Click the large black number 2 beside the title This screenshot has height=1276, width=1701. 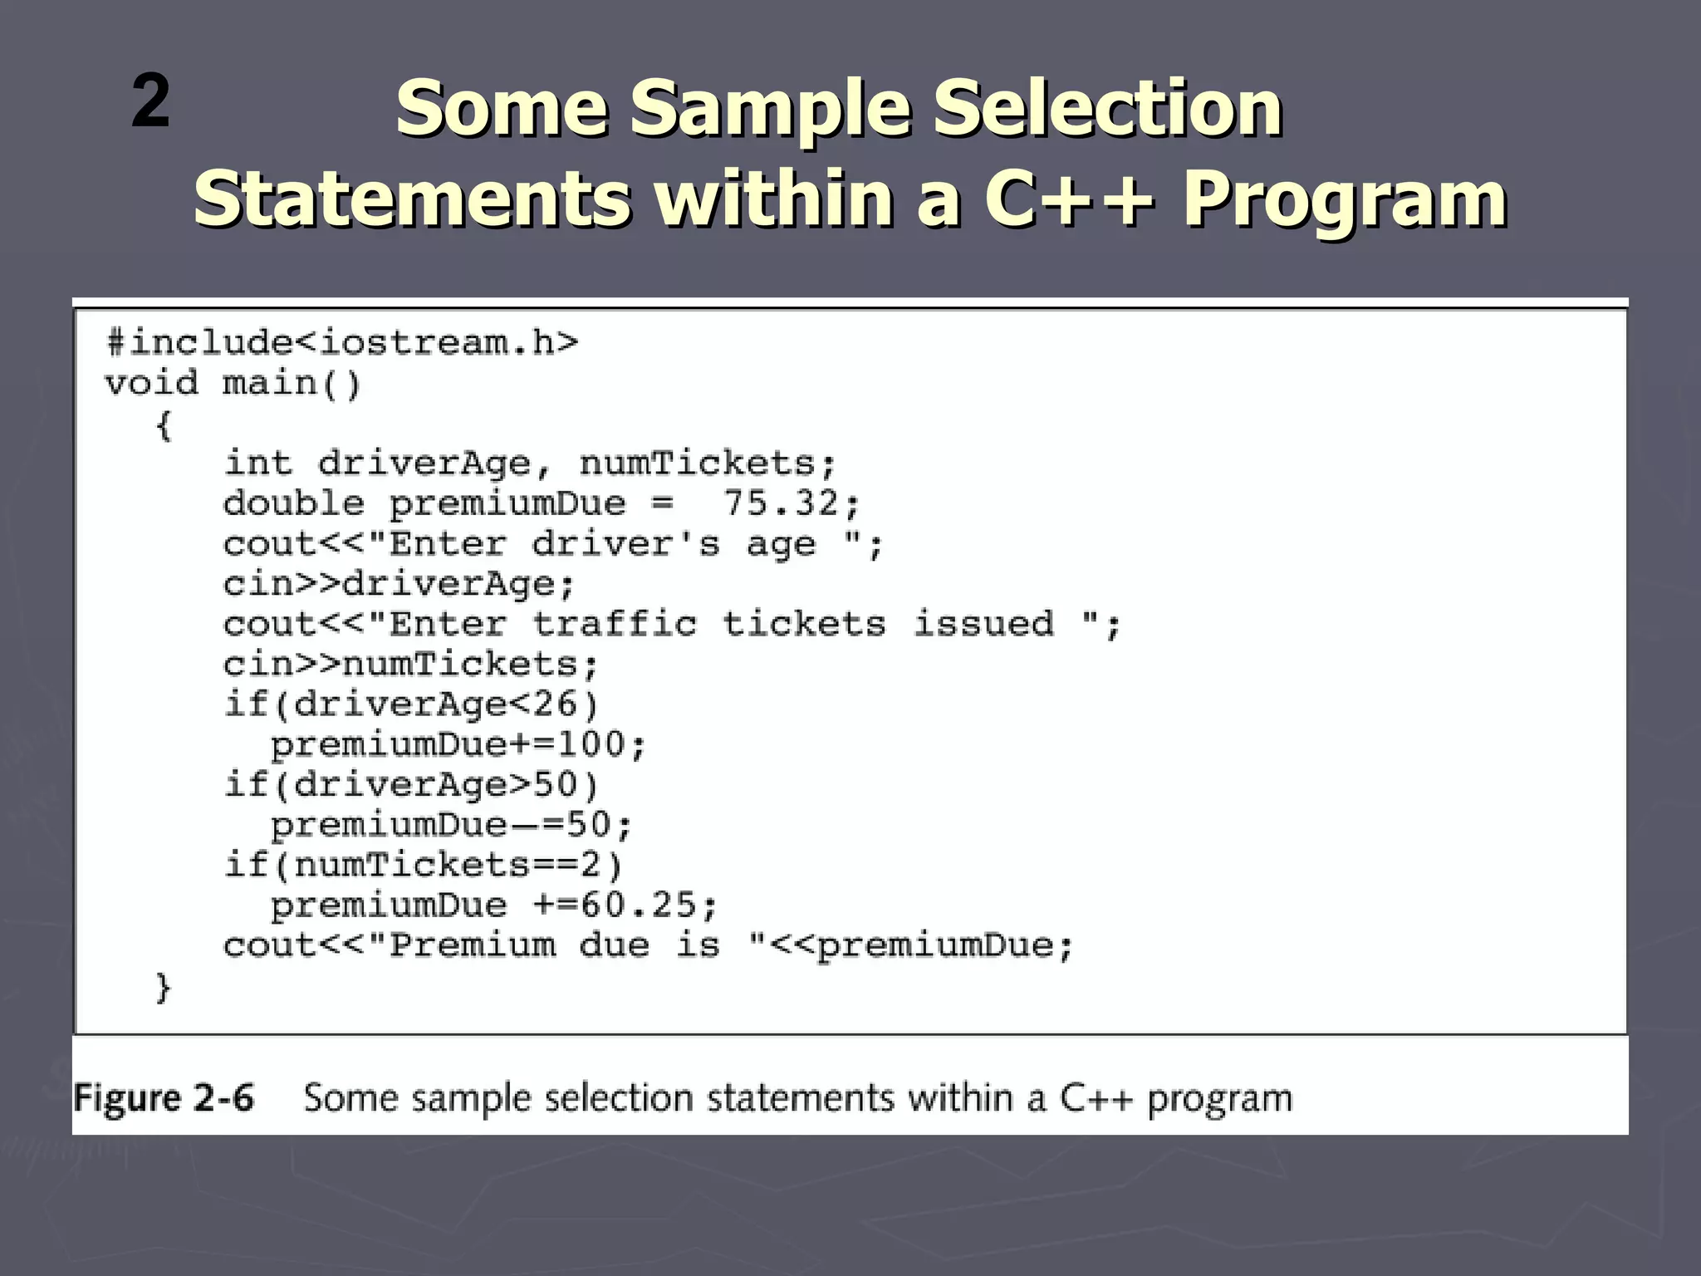[x=150, y=101]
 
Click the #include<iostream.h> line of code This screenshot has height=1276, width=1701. [x=342, y=342]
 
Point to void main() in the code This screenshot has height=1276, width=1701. [x=233, y=383]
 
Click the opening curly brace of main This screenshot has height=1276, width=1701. [x=164, y=426]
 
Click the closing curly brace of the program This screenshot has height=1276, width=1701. [x=164, y=987]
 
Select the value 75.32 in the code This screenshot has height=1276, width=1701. [x=780, y=503]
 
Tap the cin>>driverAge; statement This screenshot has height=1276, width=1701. [x=399, y=584]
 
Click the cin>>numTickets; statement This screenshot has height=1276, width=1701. [x=410, y=665]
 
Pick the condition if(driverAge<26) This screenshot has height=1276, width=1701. [x=411, y=704]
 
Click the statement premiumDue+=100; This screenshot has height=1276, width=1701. [x=458, y=744]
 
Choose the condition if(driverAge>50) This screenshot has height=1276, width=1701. [x=411, y=784]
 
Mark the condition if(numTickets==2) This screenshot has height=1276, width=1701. [x=424, y=865]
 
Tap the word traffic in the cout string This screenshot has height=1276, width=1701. [x=614, y=624]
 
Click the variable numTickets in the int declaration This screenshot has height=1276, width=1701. [x=697, y=464]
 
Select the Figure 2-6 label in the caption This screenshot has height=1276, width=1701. [x=164, y=1098]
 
